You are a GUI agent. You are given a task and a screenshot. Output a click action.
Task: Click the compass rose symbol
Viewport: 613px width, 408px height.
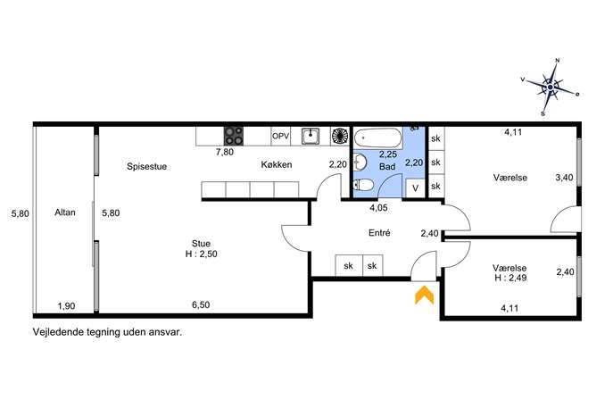tap(551, 87)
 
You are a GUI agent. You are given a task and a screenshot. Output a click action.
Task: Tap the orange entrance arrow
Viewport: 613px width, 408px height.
tap(424, 295)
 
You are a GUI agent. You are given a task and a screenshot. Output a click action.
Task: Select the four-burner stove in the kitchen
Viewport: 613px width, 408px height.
tap(234, 136)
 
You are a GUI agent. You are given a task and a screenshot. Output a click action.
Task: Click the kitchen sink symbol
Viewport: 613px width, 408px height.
tap(311, 136)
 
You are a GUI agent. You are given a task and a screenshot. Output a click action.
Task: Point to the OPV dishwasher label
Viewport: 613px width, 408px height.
tap(281, 136)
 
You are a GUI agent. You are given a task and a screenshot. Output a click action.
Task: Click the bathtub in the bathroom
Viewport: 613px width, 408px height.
tap(378, 137)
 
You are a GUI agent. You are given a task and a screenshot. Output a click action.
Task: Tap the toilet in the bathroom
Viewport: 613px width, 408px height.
tap(362, 185)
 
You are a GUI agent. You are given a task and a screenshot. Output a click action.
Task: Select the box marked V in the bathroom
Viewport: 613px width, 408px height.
tap(415, 188)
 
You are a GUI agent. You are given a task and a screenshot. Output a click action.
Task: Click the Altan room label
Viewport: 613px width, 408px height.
tap(65, 212)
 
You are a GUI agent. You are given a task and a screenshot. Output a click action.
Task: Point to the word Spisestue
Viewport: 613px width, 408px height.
tap(146, 167)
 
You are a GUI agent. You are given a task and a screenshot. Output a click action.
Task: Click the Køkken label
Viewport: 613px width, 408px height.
tap(277, 164)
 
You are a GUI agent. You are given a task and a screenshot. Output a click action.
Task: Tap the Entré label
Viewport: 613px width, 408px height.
tap(379, 233)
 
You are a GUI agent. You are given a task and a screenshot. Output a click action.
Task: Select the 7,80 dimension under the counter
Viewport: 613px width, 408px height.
tap(224, 152)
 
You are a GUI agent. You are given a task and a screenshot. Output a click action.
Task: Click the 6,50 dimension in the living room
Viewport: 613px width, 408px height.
tap(201, 304)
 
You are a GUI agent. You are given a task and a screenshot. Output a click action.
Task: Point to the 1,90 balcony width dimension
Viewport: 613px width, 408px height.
tap(66, 306)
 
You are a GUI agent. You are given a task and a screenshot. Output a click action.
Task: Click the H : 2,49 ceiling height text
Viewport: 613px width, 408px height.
tap(510, 278)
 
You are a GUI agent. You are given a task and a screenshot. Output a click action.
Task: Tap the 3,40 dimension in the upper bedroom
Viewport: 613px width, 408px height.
tap(564, 178)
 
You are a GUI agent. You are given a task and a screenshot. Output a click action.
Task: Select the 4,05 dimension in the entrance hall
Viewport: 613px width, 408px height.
tap(378, 208)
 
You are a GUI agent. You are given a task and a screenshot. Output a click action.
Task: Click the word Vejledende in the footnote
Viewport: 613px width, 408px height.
tap(57, 332)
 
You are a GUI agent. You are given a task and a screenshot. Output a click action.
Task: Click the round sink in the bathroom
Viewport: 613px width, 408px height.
tap(360, 162)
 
